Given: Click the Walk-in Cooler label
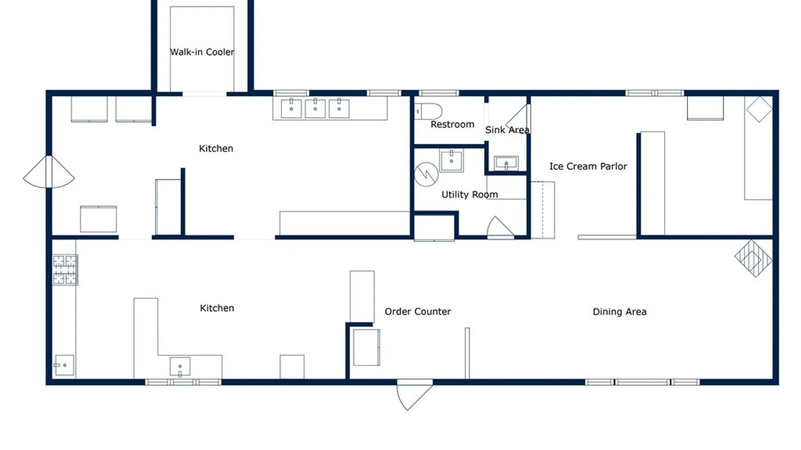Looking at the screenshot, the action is [x=202, y=52].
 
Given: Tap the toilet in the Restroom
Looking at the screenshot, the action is [x=428, y=112].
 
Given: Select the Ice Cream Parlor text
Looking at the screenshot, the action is [x=588, y=166].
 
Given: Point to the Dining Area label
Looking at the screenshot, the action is [x=620, y=312].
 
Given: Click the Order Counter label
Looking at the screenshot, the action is [x=418, y=311].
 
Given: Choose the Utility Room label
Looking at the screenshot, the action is [x=470, y=195].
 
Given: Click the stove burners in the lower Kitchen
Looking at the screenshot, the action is [x=65, y=270].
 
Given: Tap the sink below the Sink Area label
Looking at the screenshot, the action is [x=506, y=163].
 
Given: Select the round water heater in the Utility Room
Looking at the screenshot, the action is [x=426, y=174].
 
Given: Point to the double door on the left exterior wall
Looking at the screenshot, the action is [x=49, y=172].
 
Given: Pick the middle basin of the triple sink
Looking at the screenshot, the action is [x=315, y=109].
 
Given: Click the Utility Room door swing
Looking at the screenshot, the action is [x=500, y=227].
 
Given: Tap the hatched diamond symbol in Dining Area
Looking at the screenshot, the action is [x=753, y=258].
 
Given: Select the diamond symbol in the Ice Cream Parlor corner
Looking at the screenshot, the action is [x=759, y=109].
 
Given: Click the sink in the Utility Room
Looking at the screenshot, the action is [x=451, y=160].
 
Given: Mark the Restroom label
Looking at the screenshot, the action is [x=452, y=124].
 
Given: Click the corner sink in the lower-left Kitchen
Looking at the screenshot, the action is [x=64, y=365].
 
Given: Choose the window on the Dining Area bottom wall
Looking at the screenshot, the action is [x=642, y=382].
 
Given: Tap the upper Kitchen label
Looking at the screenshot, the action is [x=216, y=148].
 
